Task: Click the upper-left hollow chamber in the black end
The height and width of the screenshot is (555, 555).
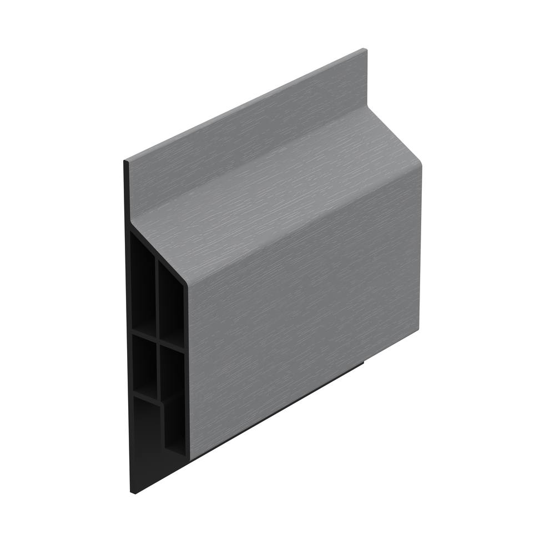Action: [142, 277]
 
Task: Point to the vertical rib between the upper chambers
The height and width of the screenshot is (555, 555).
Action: [157, 294]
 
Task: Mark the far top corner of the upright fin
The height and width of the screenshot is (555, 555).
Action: [364, 50]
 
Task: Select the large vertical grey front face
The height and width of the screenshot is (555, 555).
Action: [305, 311]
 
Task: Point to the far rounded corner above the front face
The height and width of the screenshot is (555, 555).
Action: [417, 162]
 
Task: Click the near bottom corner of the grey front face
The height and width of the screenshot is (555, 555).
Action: [190, 460]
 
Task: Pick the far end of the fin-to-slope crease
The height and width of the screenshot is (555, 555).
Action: [366, 109]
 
